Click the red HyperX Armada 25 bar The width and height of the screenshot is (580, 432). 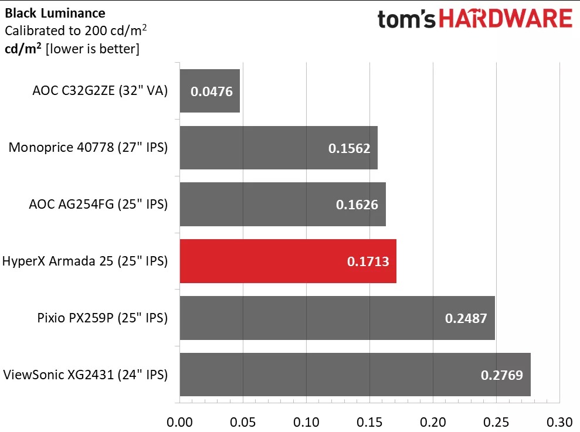click(288, 261)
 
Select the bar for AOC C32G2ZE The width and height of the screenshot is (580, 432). click(210, 91)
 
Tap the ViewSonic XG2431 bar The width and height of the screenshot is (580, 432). click(355, 375)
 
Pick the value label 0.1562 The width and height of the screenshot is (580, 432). click(349, 148)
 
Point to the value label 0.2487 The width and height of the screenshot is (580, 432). click(466, 318)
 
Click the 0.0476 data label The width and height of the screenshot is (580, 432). click(212, 91)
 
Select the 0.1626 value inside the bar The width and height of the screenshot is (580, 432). click(357, 205)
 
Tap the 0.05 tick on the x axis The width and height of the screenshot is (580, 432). click(243, 422)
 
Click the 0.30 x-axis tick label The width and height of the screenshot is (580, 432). click(559, 422)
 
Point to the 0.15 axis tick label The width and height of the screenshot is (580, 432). click(369, 422)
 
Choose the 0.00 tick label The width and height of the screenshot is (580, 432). click(179, 422)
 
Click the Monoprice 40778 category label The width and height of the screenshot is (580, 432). click(88, 147)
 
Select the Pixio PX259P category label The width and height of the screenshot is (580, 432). click(103, 318)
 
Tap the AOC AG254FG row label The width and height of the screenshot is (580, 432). click(99, 204)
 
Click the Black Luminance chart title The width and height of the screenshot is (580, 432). click(55, 13)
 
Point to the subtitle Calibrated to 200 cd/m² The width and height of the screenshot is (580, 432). click(76, 30)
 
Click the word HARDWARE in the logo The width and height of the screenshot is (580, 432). click(506, 19)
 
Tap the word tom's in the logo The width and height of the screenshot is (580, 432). click(406, 19)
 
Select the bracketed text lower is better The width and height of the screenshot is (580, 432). click(93, 49)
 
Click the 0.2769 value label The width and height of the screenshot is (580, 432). click(501, 375)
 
